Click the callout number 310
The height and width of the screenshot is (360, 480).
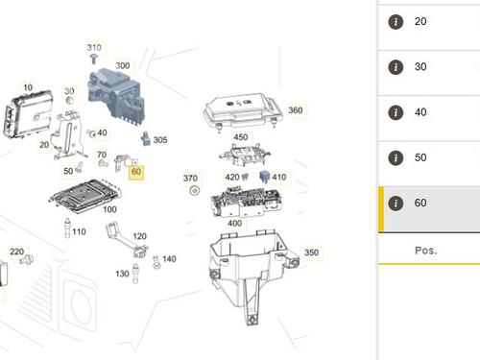(94, 47)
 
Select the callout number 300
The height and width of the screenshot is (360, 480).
(123, 65)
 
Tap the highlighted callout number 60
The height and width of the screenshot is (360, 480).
(136, 173)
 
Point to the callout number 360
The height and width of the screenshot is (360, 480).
(295, 110)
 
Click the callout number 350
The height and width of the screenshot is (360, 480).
(311, 252)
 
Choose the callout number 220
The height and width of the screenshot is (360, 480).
(17, 252)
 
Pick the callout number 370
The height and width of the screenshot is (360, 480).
(190, 179)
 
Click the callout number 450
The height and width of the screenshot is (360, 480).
(240, 137)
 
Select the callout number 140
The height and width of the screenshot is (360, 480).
(169, 259)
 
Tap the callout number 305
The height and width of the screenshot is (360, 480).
(160, 140)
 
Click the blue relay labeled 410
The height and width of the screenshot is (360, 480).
(262, 178)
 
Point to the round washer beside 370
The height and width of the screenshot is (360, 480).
(193, 192)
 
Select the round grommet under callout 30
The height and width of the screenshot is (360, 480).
(69, 101)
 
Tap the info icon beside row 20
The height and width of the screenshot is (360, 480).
(395, 21)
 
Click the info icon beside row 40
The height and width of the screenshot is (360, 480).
(395, 112)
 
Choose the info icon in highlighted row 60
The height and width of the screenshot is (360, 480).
(395, 204)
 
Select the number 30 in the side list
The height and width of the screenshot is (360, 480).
(420, 67)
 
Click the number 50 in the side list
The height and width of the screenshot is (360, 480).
(420, 158)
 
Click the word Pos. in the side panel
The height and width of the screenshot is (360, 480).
(425, 250)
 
